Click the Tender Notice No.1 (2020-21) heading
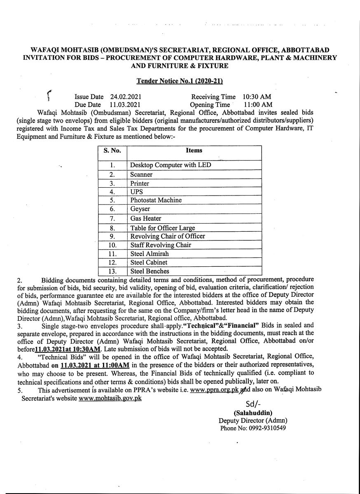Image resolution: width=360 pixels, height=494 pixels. pyautogui.click(x=180, y=81)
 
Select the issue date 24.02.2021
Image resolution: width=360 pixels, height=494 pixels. pyautogui.click(x=126, y=97)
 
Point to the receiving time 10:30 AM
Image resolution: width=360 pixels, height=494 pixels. pyautogui.click(x=256, y=97)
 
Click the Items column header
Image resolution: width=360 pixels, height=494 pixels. pyautogui.click(x=194, y=150)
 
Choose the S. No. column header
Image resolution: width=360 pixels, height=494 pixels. pyautogui.click(x=112, y=150)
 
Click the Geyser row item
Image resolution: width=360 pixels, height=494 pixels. pyautogui.click(x=140, y=209)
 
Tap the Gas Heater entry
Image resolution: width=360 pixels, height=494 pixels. pyautogui.click(x=146, y=218)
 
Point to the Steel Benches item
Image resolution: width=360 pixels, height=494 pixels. pyautogui.click(x=150, y=271)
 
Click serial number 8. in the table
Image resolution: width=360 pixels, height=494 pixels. pyautogui.click(x=112, y=228)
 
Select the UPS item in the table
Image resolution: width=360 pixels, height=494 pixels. pyautogui.click(x=136, y=192)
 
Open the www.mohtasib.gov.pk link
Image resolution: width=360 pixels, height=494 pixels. pyautogui.click(x=110, y=399)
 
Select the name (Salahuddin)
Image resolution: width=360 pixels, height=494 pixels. pyautogui.click(x=253, y=412)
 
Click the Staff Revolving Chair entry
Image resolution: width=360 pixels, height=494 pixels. pyautogui.click(x=155, y=245)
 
